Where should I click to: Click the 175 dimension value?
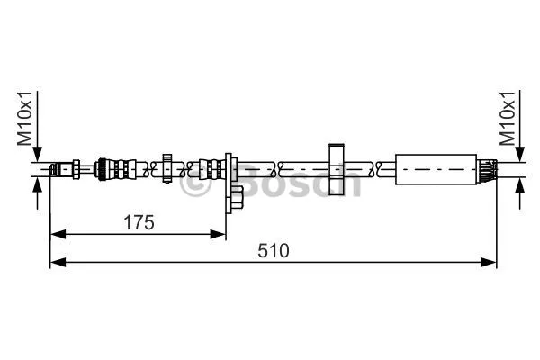click(x=138, y=220)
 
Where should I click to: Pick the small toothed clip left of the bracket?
click(x=167, y=167)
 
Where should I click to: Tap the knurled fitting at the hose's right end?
click(x=486, y=167)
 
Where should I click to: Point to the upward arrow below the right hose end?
click(x=519, y=184)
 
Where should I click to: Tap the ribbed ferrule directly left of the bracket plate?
click(x=212, y=167)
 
